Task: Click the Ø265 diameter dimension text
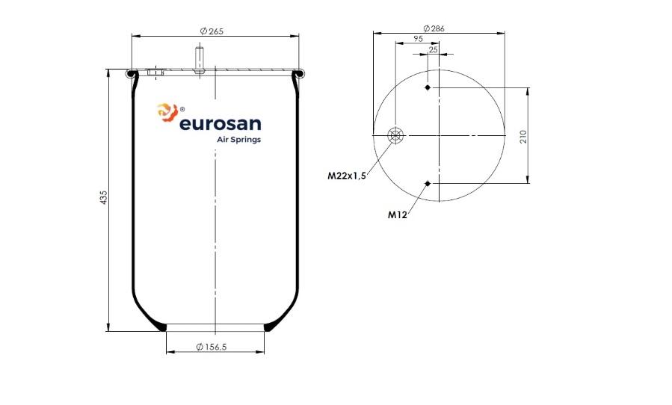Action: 212,31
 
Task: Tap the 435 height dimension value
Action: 104,197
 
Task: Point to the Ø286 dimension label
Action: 434,28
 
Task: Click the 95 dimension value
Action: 418,39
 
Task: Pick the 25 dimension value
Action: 434,50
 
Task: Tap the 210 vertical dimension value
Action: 523,137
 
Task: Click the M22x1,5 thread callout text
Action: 347,176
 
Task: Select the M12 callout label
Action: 397,214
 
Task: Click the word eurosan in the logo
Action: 221,124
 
